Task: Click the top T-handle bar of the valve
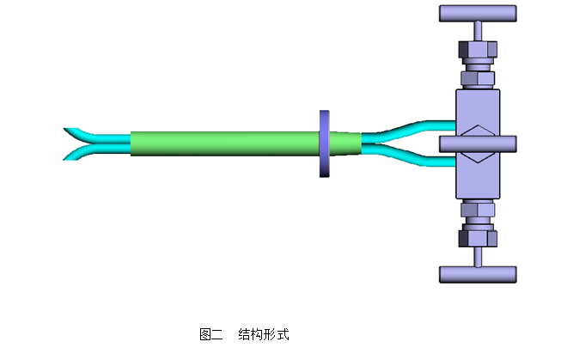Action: point(478,14)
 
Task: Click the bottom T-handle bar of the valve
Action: point(478,274)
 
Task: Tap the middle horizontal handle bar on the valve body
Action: point(478,143)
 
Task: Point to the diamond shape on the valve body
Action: point(478,143)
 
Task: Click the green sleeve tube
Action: point(223,143)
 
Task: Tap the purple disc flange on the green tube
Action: point(324,143)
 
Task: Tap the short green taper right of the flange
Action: point(344,143)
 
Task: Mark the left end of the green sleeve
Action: point(134,143)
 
